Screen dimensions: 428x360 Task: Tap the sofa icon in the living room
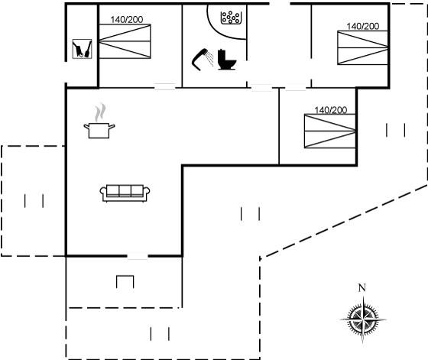(125, 193)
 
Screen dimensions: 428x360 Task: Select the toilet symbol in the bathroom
(226, 60)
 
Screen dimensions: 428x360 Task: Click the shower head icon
(203, 59)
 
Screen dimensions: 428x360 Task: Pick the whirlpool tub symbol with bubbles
(231, 18)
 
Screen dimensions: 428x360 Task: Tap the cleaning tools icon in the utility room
(83, 49)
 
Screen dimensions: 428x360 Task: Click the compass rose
(363, 319)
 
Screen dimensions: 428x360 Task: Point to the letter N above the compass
(362, 287)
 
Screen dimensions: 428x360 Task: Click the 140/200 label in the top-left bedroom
(127, 20)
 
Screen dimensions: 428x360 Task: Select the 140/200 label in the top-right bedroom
(363, 27)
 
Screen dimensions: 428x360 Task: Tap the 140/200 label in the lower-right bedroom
(330, 110)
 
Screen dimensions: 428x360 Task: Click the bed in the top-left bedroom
(125, 41)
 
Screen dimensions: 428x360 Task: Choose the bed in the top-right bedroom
(363, 47)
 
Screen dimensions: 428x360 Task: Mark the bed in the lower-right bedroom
(330, 131)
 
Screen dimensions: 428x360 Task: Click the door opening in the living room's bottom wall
(138, 256)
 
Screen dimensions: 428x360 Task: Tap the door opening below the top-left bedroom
(165, 87)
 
